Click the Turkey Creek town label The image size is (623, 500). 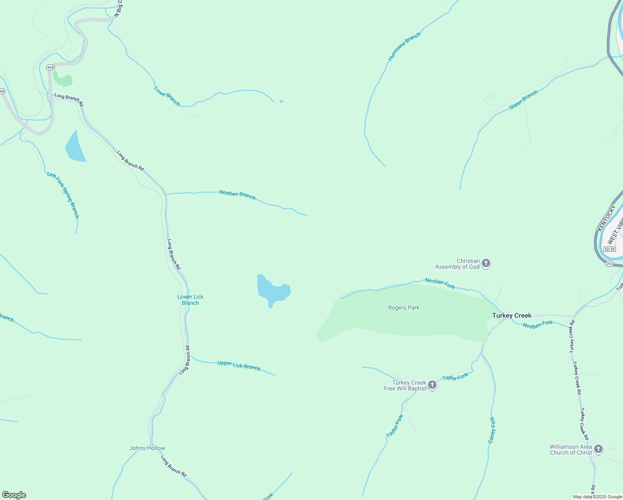511,315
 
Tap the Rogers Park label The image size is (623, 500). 404,308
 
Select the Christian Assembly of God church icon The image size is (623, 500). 486,263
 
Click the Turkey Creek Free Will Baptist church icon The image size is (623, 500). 432,385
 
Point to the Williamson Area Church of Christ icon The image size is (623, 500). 598,449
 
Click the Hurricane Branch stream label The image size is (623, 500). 404,47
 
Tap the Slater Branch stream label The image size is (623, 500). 523,100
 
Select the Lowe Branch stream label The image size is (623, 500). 167,96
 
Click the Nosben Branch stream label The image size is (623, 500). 237,195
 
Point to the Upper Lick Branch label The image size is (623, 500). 239,365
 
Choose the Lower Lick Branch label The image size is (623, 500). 190,300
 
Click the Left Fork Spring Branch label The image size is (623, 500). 63,195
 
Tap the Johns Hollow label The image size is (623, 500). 147,448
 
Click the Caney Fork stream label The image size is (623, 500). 492,430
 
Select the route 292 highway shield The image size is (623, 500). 609,264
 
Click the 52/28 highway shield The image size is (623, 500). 609,249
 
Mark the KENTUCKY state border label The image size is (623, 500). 606,218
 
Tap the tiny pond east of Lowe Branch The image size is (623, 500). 282,101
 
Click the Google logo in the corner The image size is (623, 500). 14,495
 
